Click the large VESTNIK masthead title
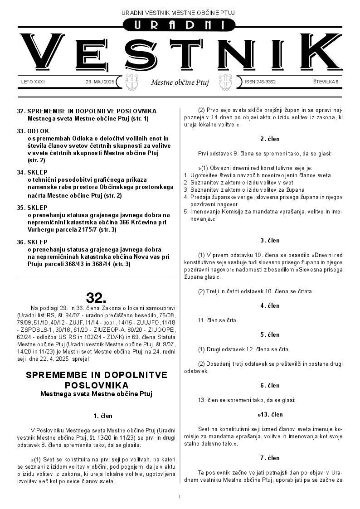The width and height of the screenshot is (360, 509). pos(180,53)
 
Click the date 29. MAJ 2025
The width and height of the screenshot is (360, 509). pos(100,82)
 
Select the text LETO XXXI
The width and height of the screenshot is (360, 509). pos(33,82)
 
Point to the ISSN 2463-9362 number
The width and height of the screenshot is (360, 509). pos(260,82)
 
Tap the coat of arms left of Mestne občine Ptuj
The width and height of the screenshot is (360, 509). pos(131,82)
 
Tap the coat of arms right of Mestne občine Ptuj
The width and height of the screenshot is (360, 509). pos(225,82)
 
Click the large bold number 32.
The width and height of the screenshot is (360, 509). pos(96,298)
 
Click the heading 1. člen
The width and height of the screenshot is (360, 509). pos(103,416)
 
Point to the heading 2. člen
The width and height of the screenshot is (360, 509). pos(270,139)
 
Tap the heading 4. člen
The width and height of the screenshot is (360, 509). pos(270,306)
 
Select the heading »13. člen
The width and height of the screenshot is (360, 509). pos(270,414)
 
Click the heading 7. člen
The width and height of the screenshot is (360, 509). pos(270,458)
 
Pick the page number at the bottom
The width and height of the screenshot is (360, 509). pos(180,497)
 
